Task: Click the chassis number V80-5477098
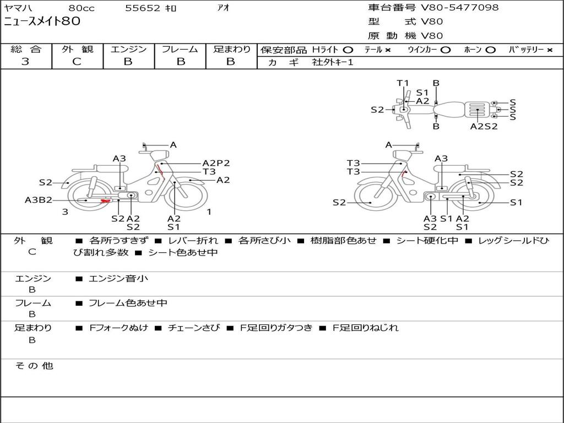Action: [x=459, y=7]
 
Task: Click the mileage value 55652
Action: [x=142, y=8]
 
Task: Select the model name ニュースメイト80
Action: [x=42, y=21]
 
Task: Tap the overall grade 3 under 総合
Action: [x=25, y=62]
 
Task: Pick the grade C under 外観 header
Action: [x=77, y=62]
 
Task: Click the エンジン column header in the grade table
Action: [x=128, y=49]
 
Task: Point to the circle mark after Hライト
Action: [x=348, y=50]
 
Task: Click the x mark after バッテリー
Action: [x=550, y=50]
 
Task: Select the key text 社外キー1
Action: [x=333, y=62]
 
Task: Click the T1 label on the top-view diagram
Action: [x=403, y=83]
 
